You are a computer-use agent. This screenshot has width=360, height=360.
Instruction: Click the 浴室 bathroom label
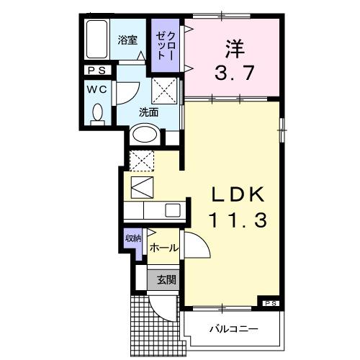pyautogui.click(x=128, y=40)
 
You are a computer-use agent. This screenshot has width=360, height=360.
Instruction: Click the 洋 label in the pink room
pyautogui.click(x=232, y=50)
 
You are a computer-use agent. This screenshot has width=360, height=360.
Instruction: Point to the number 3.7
pyautogui.click(x=231, y=73)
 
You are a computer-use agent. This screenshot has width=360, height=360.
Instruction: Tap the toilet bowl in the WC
pyautogui.click(x=98, y=114)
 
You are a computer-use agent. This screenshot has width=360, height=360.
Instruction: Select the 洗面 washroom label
pyautogui.click(x=148, y=112)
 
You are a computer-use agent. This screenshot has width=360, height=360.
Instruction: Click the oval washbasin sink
pyautogui.click(x=146, y=135)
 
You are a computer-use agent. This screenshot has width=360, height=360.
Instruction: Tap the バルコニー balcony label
pyautogui.click(x=234, y=329)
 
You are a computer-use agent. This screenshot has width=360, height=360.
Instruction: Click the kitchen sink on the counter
pyautogui.click(x=173, y=211)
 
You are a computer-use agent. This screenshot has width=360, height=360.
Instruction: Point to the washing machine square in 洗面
pyautogui.click(x=166, y=92)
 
